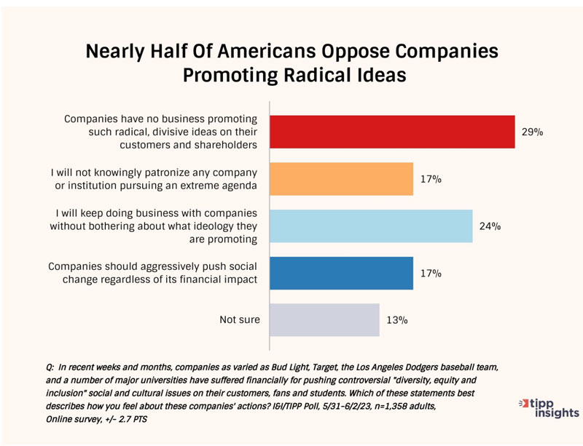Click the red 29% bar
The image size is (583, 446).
pyautogui.click(x=392, y=132)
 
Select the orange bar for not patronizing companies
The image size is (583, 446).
pyautogui.click(x=341, y=179)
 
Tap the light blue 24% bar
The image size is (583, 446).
pyautogui.click(x=371, y=226)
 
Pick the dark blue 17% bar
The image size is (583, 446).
pyautogui.click(x=341, y=273)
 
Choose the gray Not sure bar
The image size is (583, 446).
pyautogui.click(x=324, y=319)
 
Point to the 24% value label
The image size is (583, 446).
pyautogui.click(x=490, y=226)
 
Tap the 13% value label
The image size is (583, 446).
pyautogui.click(x=396, y=320)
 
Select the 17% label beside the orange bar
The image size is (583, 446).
pyautogui.click(x=430, y=179)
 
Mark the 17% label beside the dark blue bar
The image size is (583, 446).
pyautogui.click(x=430, y=274)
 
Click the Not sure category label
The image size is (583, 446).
pyautogui.click(x=240, y=319)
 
